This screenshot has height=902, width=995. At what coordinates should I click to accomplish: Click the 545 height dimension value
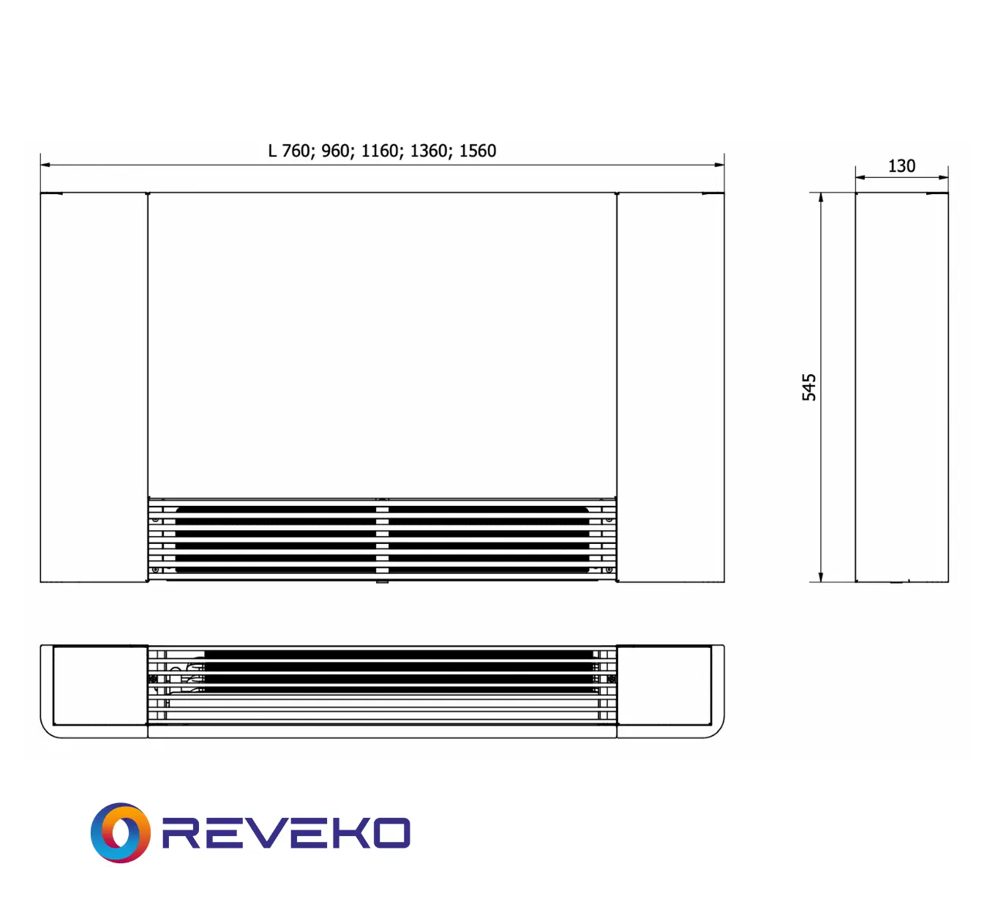pos(808,387)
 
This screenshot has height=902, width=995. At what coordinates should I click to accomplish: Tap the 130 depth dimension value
pos(901,166)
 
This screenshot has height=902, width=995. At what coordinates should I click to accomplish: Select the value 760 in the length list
pos(296,151)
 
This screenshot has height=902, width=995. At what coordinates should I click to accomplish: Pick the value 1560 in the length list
pos(478,151)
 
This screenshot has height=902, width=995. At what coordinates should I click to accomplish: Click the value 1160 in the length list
pos(380,151)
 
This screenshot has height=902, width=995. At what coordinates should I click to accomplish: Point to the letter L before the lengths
pos(272,151)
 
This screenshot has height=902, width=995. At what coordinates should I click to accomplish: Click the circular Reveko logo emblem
pos(121,832)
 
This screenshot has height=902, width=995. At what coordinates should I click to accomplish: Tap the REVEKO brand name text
pos(286,833)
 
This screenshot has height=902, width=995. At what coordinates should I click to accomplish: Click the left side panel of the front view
pos(94,387)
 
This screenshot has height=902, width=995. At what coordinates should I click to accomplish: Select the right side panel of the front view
pos(671,387)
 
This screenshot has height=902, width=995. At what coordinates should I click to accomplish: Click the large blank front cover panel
pos(382,344)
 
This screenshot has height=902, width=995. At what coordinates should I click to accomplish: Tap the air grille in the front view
pos(382,540)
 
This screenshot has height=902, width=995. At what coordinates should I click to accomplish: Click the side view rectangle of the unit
pos(901,387)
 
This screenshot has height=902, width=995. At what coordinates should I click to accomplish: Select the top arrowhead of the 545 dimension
pos(821,198)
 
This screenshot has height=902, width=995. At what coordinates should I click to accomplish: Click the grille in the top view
pos(382,685)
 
